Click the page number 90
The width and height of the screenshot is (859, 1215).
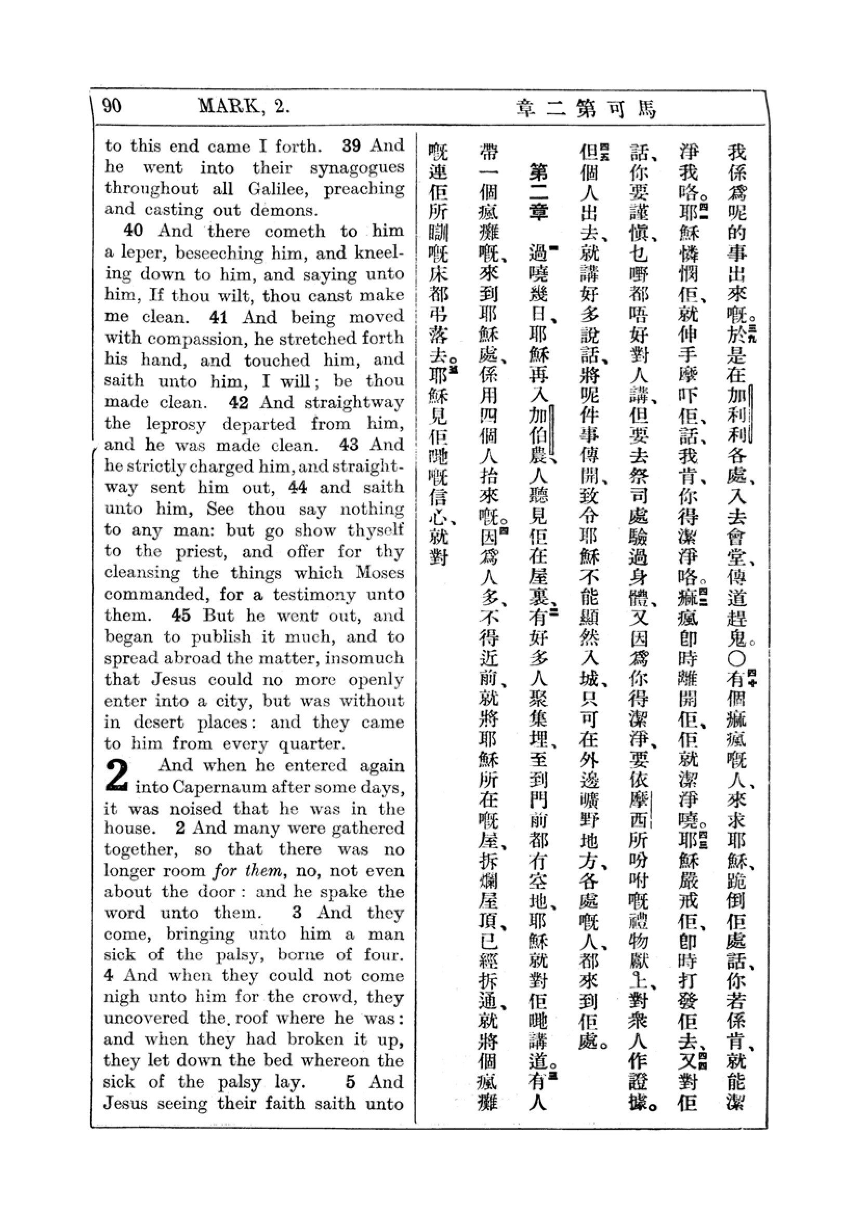point(112,106)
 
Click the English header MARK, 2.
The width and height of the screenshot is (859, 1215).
point(244,107)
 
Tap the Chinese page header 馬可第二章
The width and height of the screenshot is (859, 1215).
point(585,109)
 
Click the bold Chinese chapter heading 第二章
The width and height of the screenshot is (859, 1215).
point(538,192)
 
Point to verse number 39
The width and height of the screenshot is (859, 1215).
point(352,145)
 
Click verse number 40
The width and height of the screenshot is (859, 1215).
point(133,231)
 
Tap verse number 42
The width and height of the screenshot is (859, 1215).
point(239,402)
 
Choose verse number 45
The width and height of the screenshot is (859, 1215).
point(181,616)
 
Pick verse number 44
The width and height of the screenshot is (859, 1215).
point(297,487)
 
